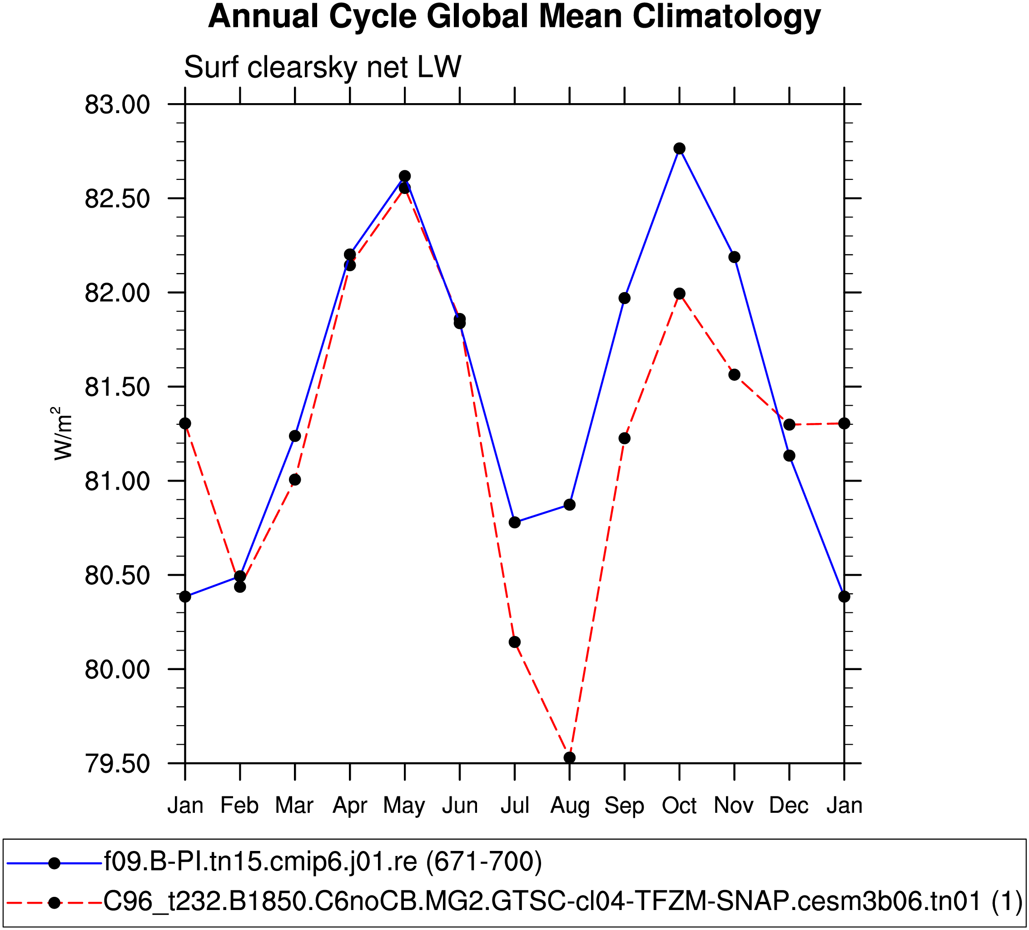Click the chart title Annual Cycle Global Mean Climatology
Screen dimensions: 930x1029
click(x=514, y=16)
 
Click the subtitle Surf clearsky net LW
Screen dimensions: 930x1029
click(x=323, y=67)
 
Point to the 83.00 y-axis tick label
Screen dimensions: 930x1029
click(x=117, y=104)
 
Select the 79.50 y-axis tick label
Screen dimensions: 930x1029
click(x=117, y=764)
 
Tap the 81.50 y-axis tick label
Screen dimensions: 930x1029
click(x=117, y=388)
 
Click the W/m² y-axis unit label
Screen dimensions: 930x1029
click(x=62, y=433)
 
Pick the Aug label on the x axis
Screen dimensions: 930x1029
click(x=570, y=806)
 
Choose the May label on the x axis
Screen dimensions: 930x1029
click(x=404, y=806)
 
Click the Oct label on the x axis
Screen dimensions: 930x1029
click(x=679, y=806)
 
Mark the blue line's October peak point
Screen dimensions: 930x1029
click(x=679, y=149)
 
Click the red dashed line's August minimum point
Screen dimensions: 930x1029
click(x=570, y=757)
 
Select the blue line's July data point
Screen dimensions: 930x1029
click(x=514, y=522)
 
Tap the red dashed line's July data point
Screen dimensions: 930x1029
click(x=514, y=642)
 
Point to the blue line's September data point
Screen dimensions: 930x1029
click(x=624, y=298)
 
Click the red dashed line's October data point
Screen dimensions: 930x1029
click(x=679, y=293)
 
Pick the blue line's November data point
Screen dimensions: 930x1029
click(x=735, y=257)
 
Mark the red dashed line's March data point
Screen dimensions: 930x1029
click(x=295, y=479)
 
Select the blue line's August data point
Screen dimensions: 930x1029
click(x=570, y=505)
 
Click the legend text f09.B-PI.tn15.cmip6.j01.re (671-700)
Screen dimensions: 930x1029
click(x=323, y=861)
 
